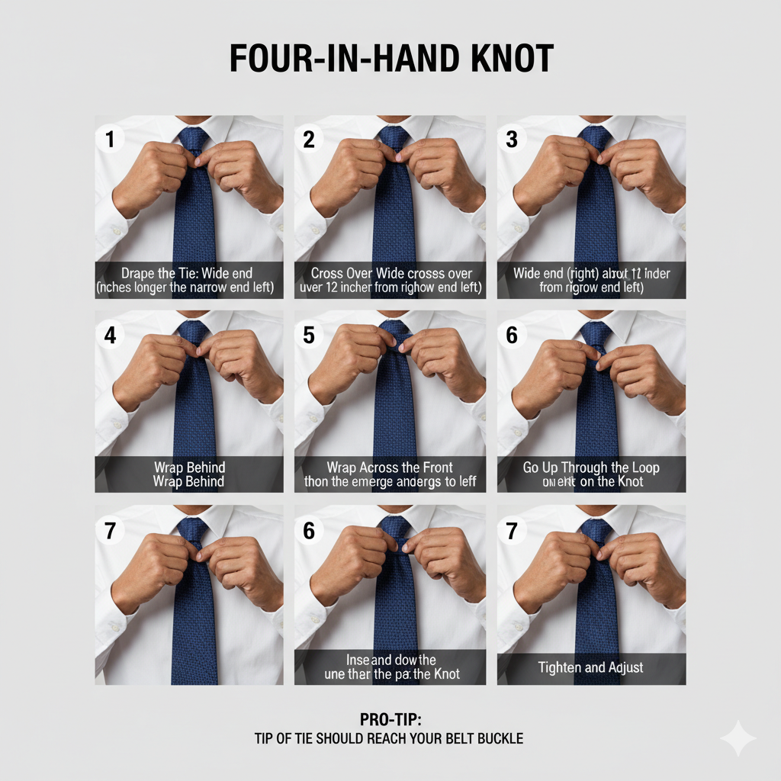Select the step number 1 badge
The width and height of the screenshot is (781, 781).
[x=110, y=140]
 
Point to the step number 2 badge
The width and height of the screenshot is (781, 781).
[x=309, y=140]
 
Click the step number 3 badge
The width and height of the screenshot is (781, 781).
[x=512, y=140]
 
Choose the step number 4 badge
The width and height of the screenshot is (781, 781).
[x=110, y=335]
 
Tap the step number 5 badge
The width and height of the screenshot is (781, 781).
[x=309, y=335]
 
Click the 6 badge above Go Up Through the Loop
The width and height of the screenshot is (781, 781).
[x=512, y=335]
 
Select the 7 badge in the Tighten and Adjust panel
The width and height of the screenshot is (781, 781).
[x=512, y=531]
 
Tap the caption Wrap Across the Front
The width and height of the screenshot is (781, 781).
[x=390, y=468]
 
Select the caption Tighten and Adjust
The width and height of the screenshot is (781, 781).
[x=591, y=667]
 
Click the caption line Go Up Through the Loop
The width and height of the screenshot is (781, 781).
[x=591, y=468]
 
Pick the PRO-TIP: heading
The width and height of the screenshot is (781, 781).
[x=390, y=720]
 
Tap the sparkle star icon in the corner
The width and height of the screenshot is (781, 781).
[x=738, y=738]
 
